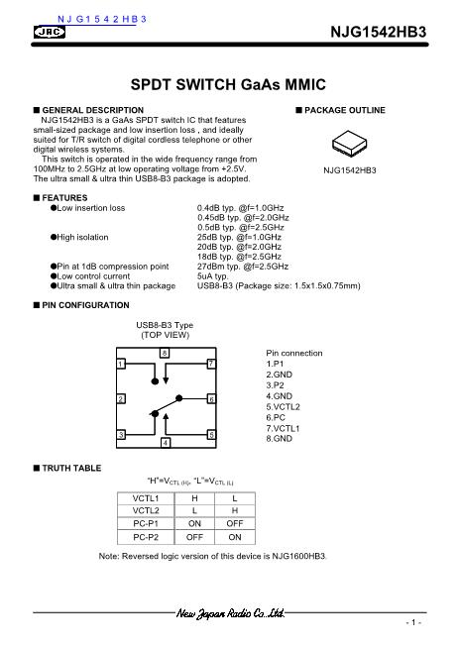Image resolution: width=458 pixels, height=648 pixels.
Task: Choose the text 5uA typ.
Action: point(214,276)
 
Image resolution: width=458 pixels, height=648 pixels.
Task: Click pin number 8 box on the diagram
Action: point(165,354)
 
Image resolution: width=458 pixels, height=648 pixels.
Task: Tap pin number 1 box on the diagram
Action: point(120,364)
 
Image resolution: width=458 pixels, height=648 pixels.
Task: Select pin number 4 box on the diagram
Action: point(165,440)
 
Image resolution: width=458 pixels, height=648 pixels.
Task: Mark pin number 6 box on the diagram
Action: point(210,398)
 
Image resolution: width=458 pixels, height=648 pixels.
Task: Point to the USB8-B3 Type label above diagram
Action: point(165,325)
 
